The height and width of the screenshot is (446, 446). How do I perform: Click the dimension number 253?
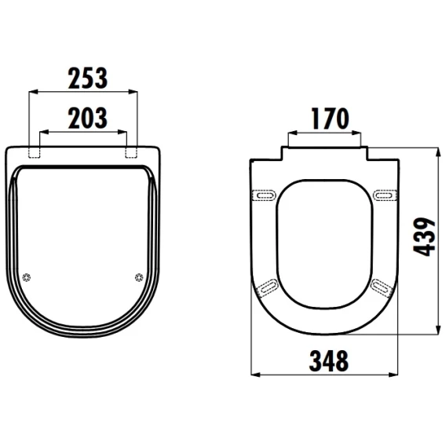tap(88, 78)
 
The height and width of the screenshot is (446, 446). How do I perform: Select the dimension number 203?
tap(88, 118)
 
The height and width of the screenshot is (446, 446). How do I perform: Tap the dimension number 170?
tap(330, 119)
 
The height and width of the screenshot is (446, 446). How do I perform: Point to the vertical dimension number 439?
tap(424, 236)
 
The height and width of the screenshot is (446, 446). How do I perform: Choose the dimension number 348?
tap(328, 360)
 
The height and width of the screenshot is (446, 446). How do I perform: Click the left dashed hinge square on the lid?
tap(35, 152)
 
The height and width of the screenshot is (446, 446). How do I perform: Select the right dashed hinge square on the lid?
tap(131, 152)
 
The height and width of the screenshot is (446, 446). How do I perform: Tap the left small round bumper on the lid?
tap(27, 277)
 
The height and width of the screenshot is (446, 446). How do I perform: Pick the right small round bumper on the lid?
tap(139, 277)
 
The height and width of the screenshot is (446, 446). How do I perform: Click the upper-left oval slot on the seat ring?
tap(265, 195)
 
